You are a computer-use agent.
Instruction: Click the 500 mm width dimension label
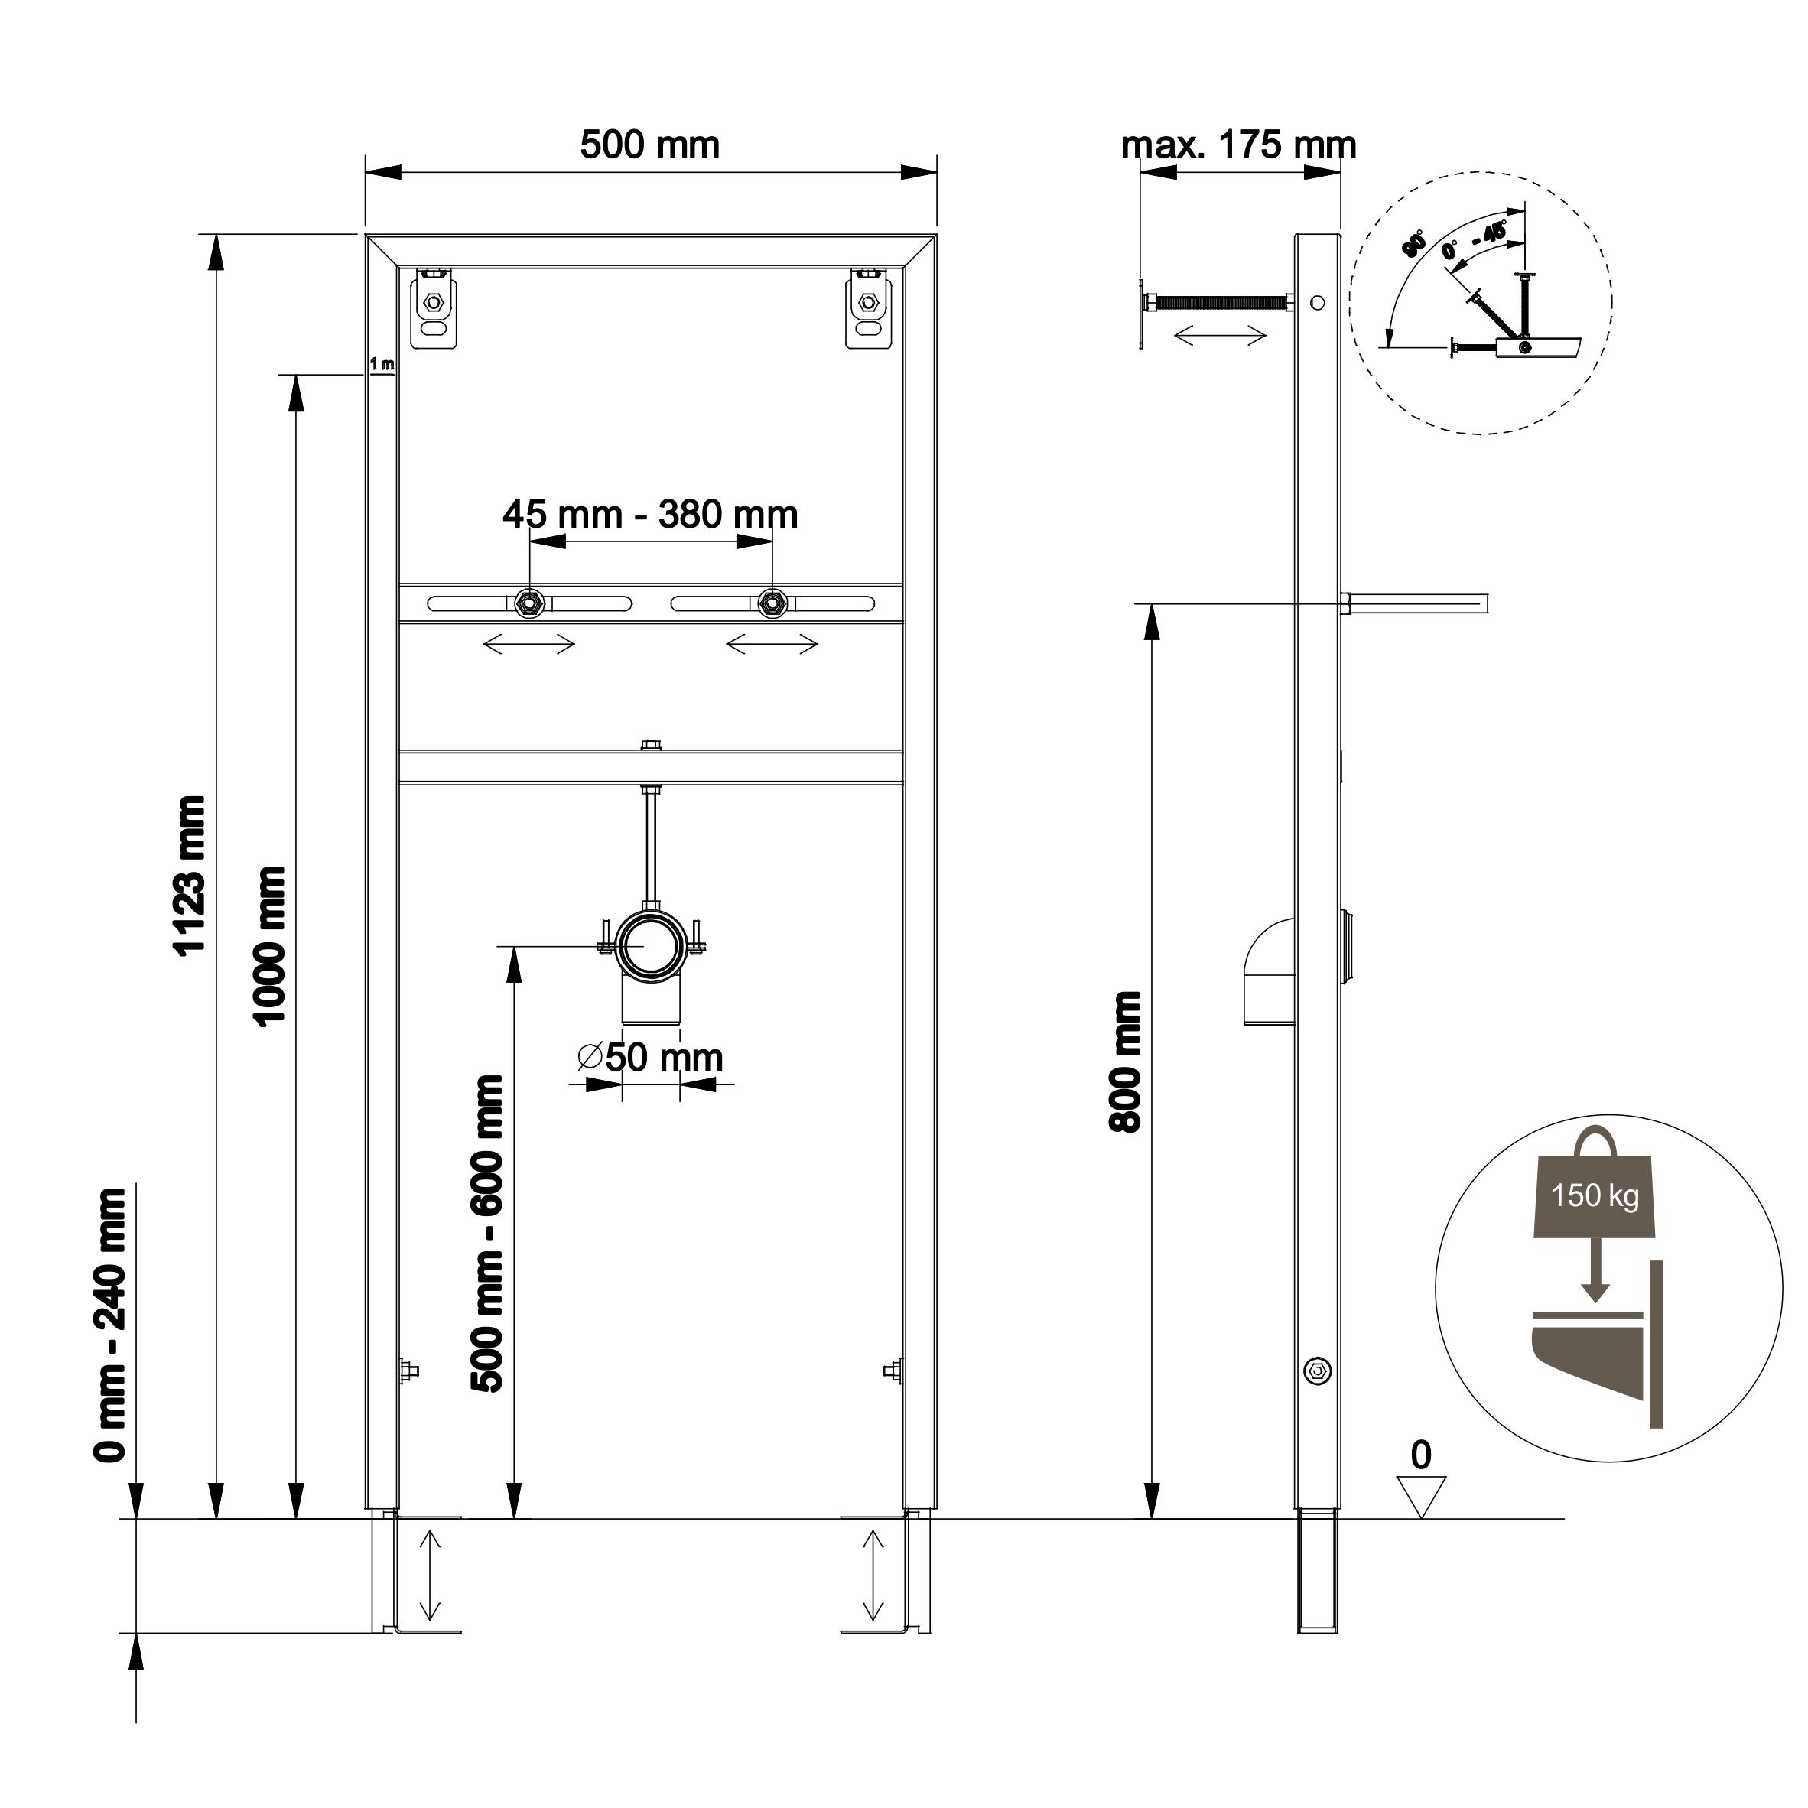pyautogui.click(x=649, y=145)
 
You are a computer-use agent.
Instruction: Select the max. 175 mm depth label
pyautogui.click(x=1238, y=145)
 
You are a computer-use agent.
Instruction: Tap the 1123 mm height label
pyautogui.click(x=190, y=875)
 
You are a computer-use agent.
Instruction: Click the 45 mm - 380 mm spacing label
pyautogui.click(x=649, y=514)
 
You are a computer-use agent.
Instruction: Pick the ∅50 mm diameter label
pyautogui.click(x=650, y=1058)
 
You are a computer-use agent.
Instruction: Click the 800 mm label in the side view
pyautogui.click(x=1125, y=1062)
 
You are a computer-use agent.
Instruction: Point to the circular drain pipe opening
pyautogui.click(x=650, y=946)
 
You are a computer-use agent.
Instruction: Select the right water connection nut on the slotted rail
pyautogui.click(x=772, y=603)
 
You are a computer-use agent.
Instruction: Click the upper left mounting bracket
pyautogui.click(x=434, y=309)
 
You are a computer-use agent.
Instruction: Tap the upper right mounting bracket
pyautogui.click(x=867, y=309)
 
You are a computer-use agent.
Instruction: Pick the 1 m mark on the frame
pyautogui.click(x=381, y=363)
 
